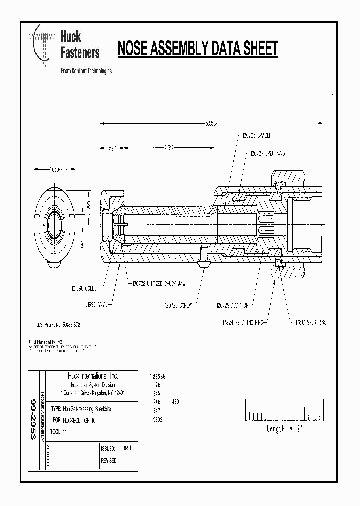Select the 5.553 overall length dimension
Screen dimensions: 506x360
click(210, 123)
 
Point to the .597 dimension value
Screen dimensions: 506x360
click(113, 148)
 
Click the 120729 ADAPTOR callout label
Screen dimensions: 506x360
click(232, 304)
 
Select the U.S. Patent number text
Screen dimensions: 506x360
click(58, 325)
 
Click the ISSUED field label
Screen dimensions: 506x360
click(108, 449)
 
